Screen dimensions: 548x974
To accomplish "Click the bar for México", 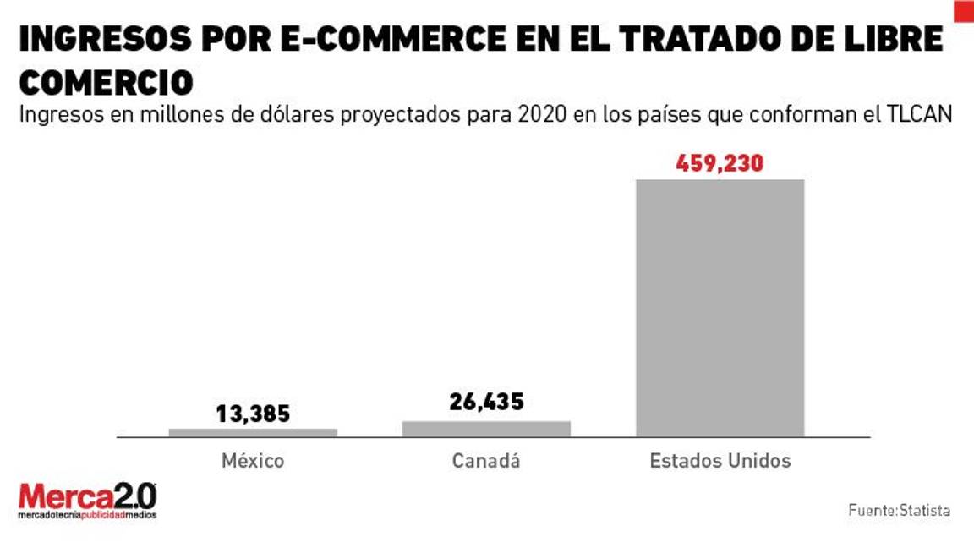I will [x=253, y=432].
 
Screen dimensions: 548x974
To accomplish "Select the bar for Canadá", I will [x=486, y=428].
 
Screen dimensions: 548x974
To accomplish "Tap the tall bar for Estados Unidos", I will [x=720, y=308].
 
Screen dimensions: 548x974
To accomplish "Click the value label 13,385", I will [x=253, y=414].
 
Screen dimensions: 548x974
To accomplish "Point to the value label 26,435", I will [x=486, y=402].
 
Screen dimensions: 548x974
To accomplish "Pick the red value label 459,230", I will [x=720, y=163].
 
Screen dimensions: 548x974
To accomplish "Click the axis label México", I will [x=253, y=461].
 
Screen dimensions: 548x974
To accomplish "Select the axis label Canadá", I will [x=486, y=461].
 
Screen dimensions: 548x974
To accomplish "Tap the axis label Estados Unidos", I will [x=720, y=461].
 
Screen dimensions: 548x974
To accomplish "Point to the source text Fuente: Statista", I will [x=899, y=511].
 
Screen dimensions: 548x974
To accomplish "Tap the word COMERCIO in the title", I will [x=106, y=82].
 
